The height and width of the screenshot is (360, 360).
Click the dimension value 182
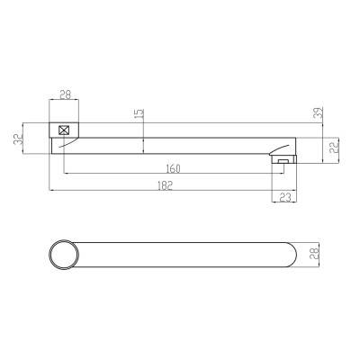[x=165, y=185]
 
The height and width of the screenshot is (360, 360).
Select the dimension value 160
[x=173, y=169]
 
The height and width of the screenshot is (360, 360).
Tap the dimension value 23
[x=285, y=197]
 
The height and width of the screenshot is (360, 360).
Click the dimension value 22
[x=335, y=147]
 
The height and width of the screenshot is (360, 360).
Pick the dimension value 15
[x=139, y=114]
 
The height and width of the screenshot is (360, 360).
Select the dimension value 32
[x=19, y=139]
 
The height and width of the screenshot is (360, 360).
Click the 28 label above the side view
[x=65, y=94]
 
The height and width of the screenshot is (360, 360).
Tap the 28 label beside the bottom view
[x=316, y=255]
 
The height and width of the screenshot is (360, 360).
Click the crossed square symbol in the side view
[x=64, y=130]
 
